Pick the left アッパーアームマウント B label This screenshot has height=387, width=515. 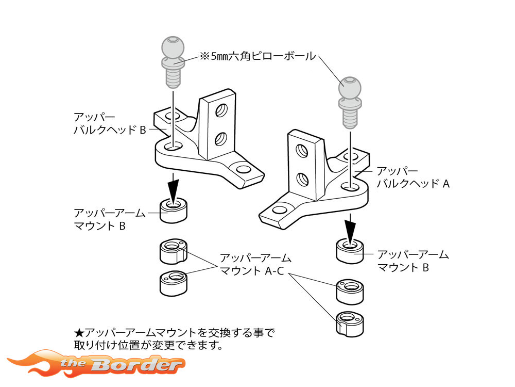[110, 219]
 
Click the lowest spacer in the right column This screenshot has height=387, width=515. [350, 322]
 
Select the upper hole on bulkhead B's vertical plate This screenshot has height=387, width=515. [222, 109]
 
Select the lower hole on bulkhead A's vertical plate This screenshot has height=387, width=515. [303, 179]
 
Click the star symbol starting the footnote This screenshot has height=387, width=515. [79, 332]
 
